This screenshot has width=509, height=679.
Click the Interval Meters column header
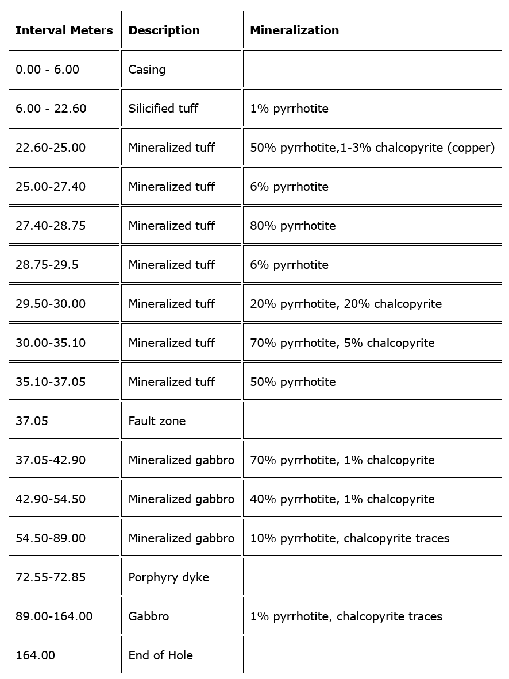point(64,30)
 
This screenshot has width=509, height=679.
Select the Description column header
point(164,30)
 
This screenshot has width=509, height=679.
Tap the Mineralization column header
point(294,30)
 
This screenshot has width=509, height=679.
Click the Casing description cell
point(147,70)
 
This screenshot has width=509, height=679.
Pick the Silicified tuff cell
point(163,109)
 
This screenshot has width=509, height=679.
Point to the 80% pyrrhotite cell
point(292,226)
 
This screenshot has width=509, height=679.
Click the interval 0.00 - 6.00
point(47,70)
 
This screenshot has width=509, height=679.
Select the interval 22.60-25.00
point(51,148)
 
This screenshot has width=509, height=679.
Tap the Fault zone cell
point(157,421)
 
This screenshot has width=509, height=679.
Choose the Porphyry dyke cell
point(168,577)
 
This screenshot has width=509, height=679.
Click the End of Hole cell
point(160,655)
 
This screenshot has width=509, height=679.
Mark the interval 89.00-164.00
point(54,616)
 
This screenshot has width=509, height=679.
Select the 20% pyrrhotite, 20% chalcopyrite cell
point(345,304)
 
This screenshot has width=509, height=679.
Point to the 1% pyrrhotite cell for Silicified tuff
point(289,109)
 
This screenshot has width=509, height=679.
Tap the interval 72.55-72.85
point(51,577)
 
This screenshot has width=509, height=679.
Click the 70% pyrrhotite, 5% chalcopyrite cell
point(342,343)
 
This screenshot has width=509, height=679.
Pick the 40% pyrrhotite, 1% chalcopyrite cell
point(342,499)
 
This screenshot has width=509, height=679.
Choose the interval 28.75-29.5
point(47,265)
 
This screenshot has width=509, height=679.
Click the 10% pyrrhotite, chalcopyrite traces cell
point(349,538)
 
